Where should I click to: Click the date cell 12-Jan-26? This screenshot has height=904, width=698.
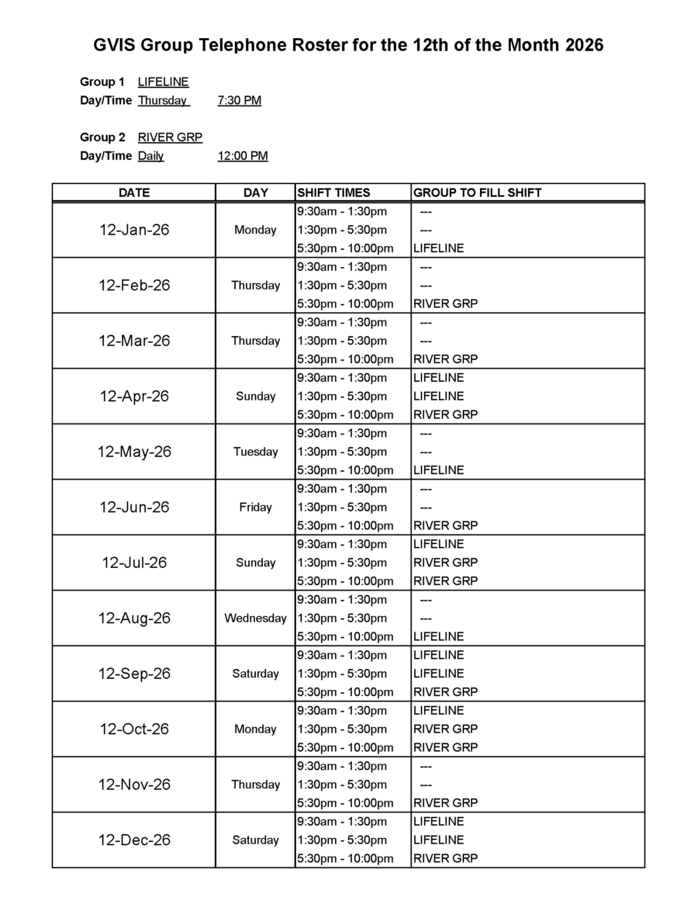pyautogui.click(x=134, y=230)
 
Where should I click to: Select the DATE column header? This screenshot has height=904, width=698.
pyautogui.click(x=134, y=192)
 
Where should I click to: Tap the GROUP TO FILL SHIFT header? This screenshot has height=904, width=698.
pyautogui.click(x=477, y=192)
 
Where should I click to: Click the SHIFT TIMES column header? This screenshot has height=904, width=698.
pyautogui.click(x=333, y=192)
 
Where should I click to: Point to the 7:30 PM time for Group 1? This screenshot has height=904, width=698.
pyautogui.click(x=240, y=100)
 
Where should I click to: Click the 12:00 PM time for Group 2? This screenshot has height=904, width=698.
pyautogui.click(x=243, y=156)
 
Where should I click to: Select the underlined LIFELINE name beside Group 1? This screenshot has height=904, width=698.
pyautogui.click(x=163, y=81)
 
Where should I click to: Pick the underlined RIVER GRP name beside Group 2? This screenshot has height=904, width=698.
pyautogui.click(x=170, y=137)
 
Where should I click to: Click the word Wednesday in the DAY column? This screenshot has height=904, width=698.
pyautogui.click(x=255, y=618)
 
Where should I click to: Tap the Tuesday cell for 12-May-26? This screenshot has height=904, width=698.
pyautogui.click(x=255, y=452)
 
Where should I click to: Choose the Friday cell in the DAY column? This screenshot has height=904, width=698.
pyautogui.click(x=255, y=507)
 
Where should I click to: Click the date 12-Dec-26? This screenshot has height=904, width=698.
pyautogui.click(x=134, y=840)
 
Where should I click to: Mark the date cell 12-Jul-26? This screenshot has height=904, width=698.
pyautogui.click(x=134, y=563)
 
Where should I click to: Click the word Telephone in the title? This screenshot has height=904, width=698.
pyautogui.click(x=241, y=46)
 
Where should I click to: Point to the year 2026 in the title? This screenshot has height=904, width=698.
pyautogui.click(x=583, y=46)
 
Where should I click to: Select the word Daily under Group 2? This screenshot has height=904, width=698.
pyautogui.click(x=151, y=156)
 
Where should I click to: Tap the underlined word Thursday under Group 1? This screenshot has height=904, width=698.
pyautogui.click(x=163, y=100)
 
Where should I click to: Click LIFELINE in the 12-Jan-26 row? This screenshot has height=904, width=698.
pyautogui.click(x=439, y=248)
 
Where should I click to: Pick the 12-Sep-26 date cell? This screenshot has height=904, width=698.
pyautogui.click(x=134, y=674)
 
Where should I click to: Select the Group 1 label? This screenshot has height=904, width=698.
pyautogui.click(x=102, y=81)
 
